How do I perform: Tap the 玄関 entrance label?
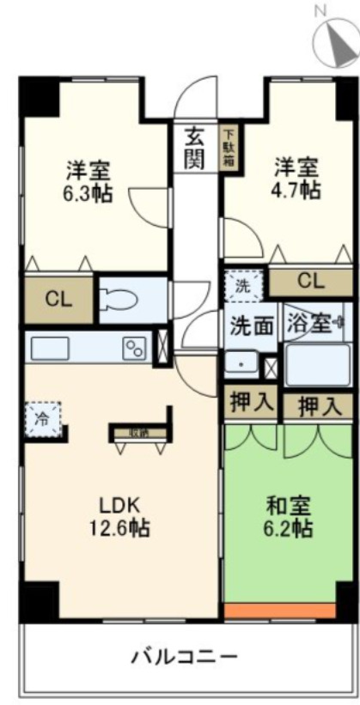point(196,147)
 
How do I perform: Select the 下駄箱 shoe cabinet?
point(229,147)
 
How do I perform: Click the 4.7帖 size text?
point(297,189)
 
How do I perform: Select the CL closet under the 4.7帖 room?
point(310,281)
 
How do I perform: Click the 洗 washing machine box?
point(244,286)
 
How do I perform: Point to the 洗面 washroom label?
point(251,325)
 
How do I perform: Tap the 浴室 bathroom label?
point(308,324)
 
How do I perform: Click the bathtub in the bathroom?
point(317,364)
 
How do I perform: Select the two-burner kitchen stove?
point(135,348)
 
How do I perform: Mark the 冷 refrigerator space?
point(42,420)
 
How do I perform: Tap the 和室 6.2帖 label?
point(288,516)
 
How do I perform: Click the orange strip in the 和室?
point(288,611)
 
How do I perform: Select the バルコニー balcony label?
point(184,658)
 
